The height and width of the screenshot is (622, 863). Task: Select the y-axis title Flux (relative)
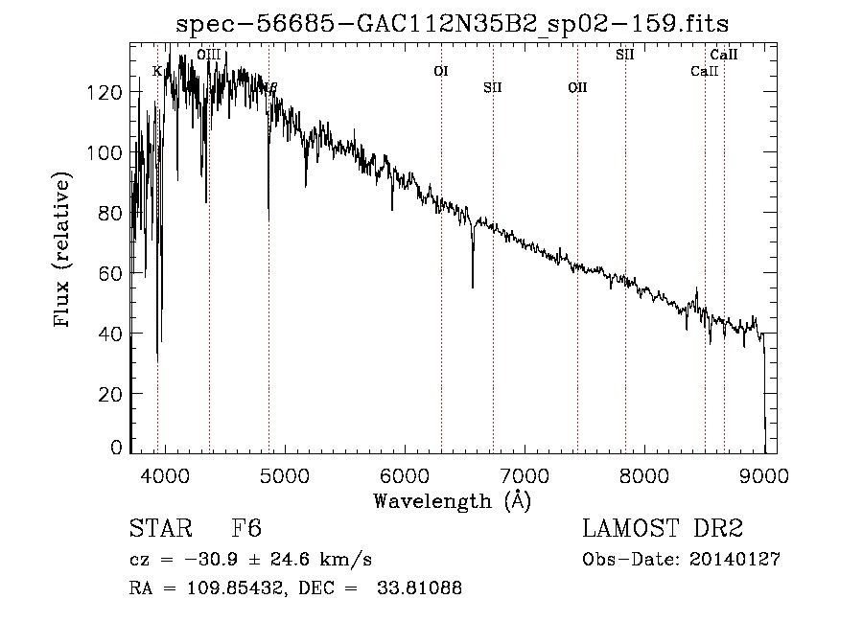tap(64, 251)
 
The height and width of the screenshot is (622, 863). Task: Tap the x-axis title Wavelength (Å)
tap(452, 500)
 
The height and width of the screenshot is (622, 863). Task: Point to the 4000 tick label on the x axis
tap(164, 476)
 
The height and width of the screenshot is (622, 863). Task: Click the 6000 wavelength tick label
tap(405, 476)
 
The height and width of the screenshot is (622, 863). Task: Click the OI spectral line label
tap(441, 71)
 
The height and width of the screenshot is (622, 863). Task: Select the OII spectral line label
tap(577, 88)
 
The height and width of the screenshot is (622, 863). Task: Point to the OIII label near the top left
tap(208, 56)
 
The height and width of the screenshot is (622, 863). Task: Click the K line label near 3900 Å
tap(157, 71)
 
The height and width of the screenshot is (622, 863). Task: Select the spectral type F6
tap(246, 529)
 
